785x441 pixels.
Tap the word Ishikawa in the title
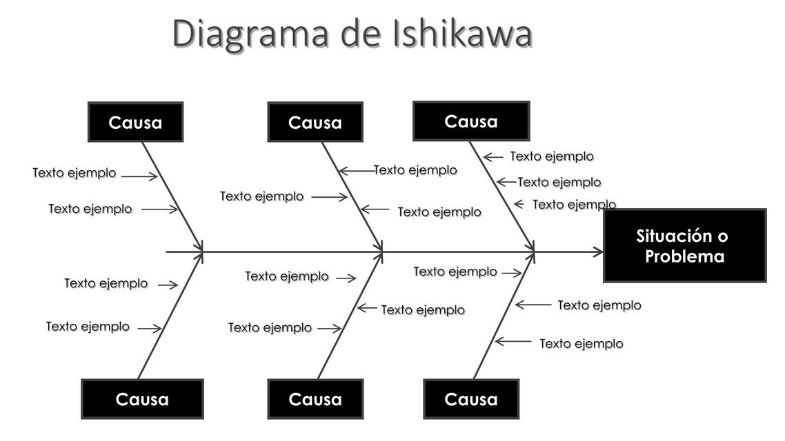coord(462,33)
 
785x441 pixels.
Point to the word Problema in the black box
coord(684,257)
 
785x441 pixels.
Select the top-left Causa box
coord(135,123)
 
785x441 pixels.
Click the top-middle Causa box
coord(315,123)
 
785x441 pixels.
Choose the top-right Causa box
coord(471,121)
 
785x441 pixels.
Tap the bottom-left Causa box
coord(142,399)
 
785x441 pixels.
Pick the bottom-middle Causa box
coord(315,399)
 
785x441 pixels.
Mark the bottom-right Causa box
coord(471,399)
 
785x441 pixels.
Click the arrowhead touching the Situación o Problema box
coord(597,252)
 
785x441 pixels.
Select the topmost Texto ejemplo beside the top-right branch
coord(552,156)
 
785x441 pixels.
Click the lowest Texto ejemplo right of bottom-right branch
coord(582,343)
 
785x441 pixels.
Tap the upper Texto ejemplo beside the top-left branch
coord(74,173)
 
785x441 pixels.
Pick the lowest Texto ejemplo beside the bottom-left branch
coord(88,327)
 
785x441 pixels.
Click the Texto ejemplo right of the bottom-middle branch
coord(423,310)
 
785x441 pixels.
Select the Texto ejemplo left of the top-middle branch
coord(262,196)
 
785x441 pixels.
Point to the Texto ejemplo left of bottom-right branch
coord(455,271)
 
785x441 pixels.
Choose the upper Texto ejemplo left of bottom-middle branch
coord(287,276)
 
